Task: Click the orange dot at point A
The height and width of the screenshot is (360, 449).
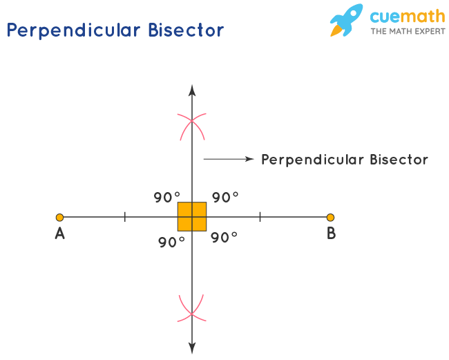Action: tap(60, 217)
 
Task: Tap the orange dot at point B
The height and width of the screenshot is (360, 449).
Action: tap(330, 217)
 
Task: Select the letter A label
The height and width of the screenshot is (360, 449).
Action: tap(60, 234)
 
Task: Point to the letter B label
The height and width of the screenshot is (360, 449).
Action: tap(331, 234)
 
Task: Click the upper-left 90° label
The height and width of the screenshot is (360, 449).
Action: tap(167, 198)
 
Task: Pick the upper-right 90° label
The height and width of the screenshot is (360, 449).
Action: tap(225, 198)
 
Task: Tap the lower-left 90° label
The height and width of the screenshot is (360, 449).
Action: tap(171, 243)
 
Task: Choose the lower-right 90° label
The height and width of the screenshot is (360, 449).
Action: tap(224, 238)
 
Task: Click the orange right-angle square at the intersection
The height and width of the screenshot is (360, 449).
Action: tap(192, 216)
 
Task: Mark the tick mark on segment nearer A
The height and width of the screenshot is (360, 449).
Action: tap(125, 217)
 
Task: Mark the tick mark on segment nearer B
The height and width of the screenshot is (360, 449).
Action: tap(260, 217)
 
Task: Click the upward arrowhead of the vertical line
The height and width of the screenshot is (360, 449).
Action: tap(192, 89)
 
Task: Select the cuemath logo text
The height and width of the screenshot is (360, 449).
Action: tap(407, 16)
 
